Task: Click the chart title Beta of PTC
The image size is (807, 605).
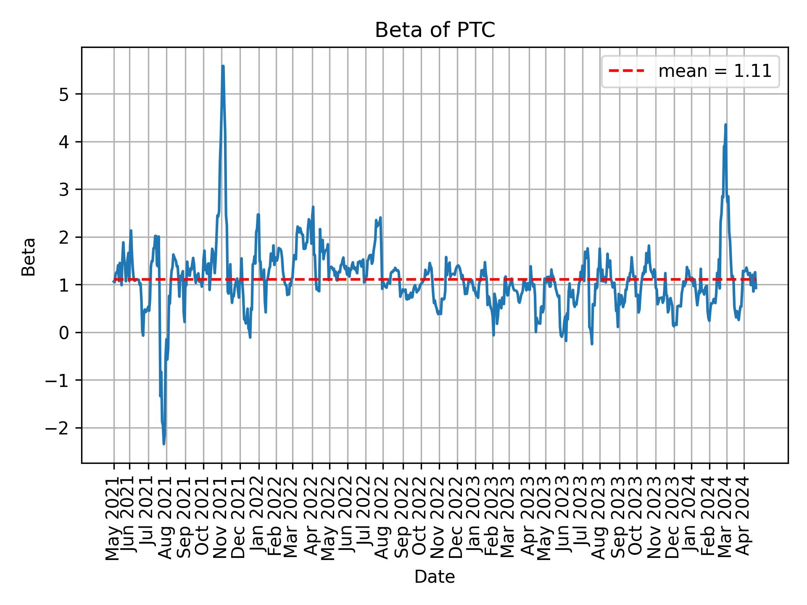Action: tap(435, 30)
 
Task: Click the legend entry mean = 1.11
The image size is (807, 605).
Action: tap(715, 71)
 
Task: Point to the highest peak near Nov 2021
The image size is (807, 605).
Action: tap(223, 66)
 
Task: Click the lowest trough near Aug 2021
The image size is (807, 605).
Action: tap(164, 444)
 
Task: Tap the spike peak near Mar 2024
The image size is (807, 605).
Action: tap(725, 125)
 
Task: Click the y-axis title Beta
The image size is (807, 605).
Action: tap(29, 256)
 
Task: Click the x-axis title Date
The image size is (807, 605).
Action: tap(435, 577)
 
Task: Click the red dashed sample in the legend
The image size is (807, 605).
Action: tap(626, 71)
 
